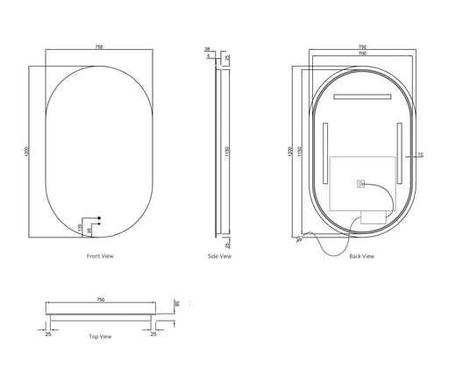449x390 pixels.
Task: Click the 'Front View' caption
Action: (x=101, y=256)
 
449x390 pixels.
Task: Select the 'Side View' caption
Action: (x=221, y=256)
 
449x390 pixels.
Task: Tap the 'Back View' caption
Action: (x=362, y=256)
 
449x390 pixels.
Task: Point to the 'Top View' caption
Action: (x=100, y=336)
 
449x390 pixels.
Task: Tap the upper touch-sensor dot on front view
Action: (x=99, y=217)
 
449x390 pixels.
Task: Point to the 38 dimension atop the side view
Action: (x=208, y=51)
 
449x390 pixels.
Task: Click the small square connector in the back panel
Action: (x=360, y=184)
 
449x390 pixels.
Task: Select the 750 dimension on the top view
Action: (x=101, y=300)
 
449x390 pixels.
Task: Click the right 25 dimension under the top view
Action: (x=154, y=333)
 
